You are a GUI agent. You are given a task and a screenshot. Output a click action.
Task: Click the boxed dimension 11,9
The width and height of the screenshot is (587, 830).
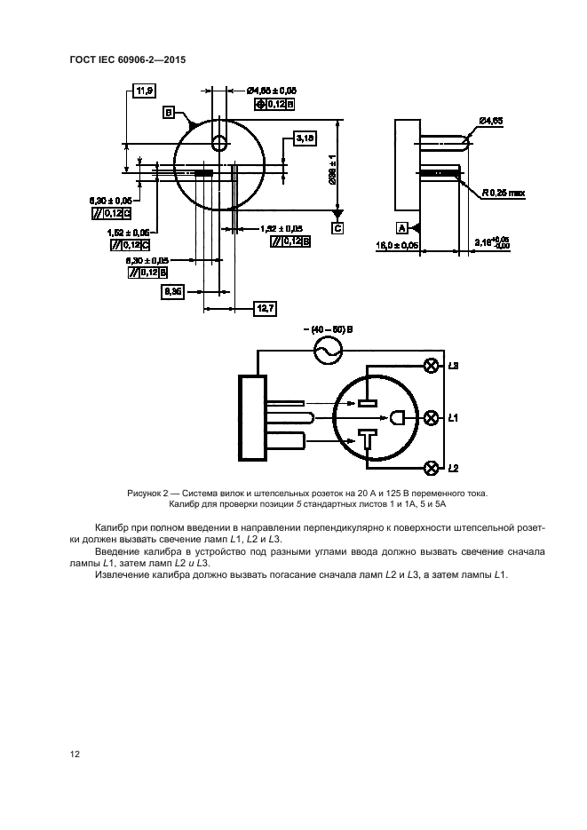point(143,90)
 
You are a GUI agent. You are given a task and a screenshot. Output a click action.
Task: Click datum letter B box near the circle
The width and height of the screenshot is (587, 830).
point(168,113)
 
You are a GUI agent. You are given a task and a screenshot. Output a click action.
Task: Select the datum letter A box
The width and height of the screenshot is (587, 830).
point(401,227)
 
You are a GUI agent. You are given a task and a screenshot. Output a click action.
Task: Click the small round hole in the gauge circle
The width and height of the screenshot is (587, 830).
point(219,144)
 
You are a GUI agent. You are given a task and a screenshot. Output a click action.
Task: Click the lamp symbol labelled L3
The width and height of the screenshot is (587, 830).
point(432,366)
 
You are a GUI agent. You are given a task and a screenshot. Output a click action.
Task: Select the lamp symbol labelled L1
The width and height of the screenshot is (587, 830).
point(432,416)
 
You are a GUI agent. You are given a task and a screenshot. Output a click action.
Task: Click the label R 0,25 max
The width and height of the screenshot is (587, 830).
point(504,192)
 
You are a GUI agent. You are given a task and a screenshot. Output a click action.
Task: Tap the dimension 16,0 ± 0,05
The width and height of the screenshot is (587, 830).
point(421,244)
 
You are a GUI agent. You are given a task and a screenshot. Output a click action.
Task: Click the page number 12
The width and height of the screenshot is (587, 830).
point(75,754)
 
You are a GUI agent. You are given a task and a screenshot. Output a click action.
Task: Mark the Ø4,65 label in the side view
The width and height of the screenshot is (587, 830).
point(491,120)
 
